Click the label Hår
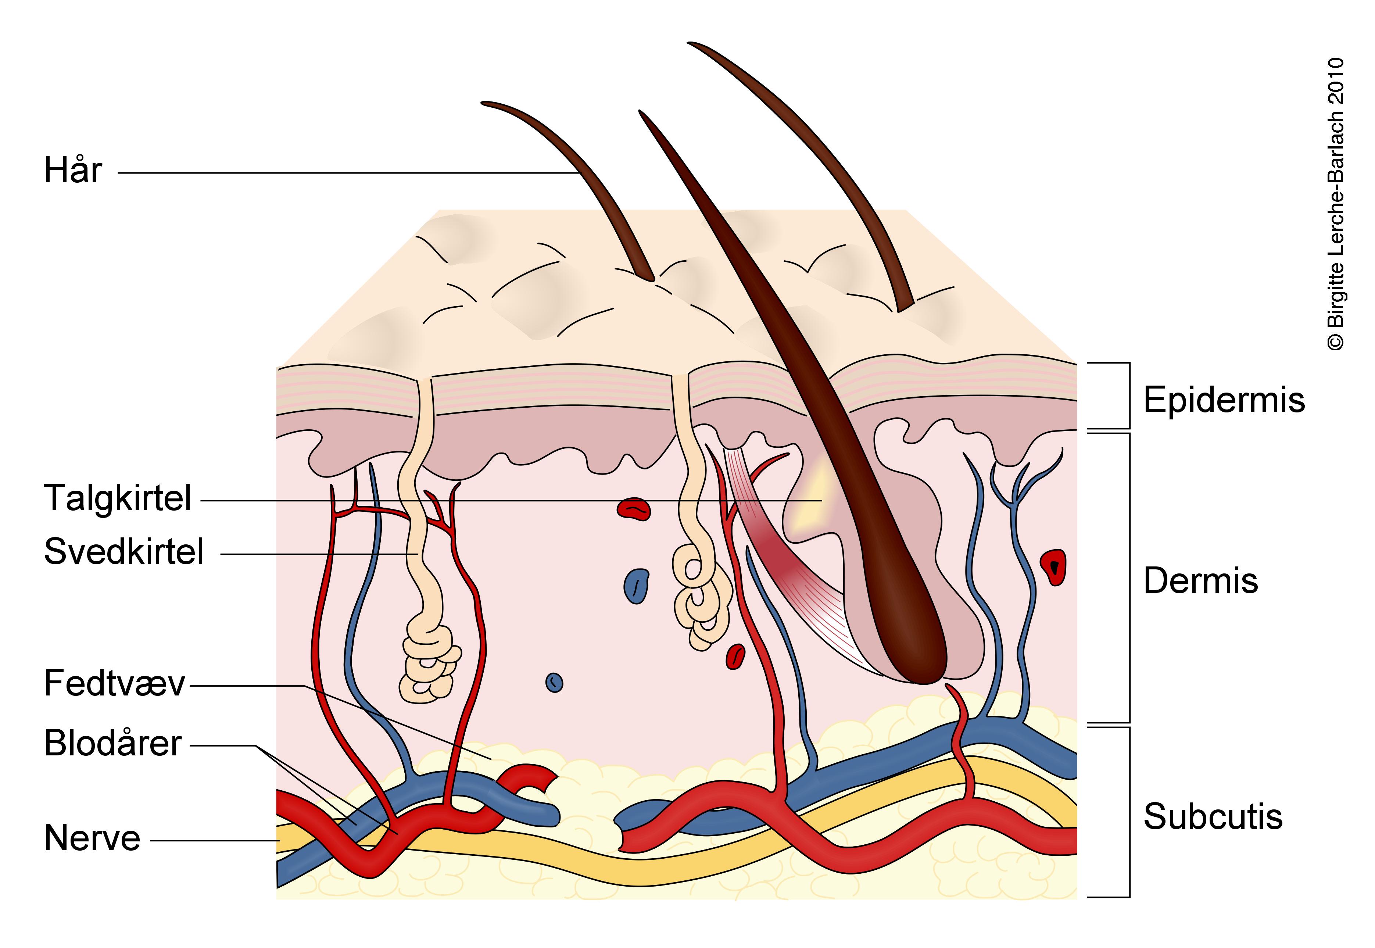[x=73, y=171]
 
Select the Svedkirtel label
[x=123, y=551]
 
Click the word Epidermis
[x=1224, y=400]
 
